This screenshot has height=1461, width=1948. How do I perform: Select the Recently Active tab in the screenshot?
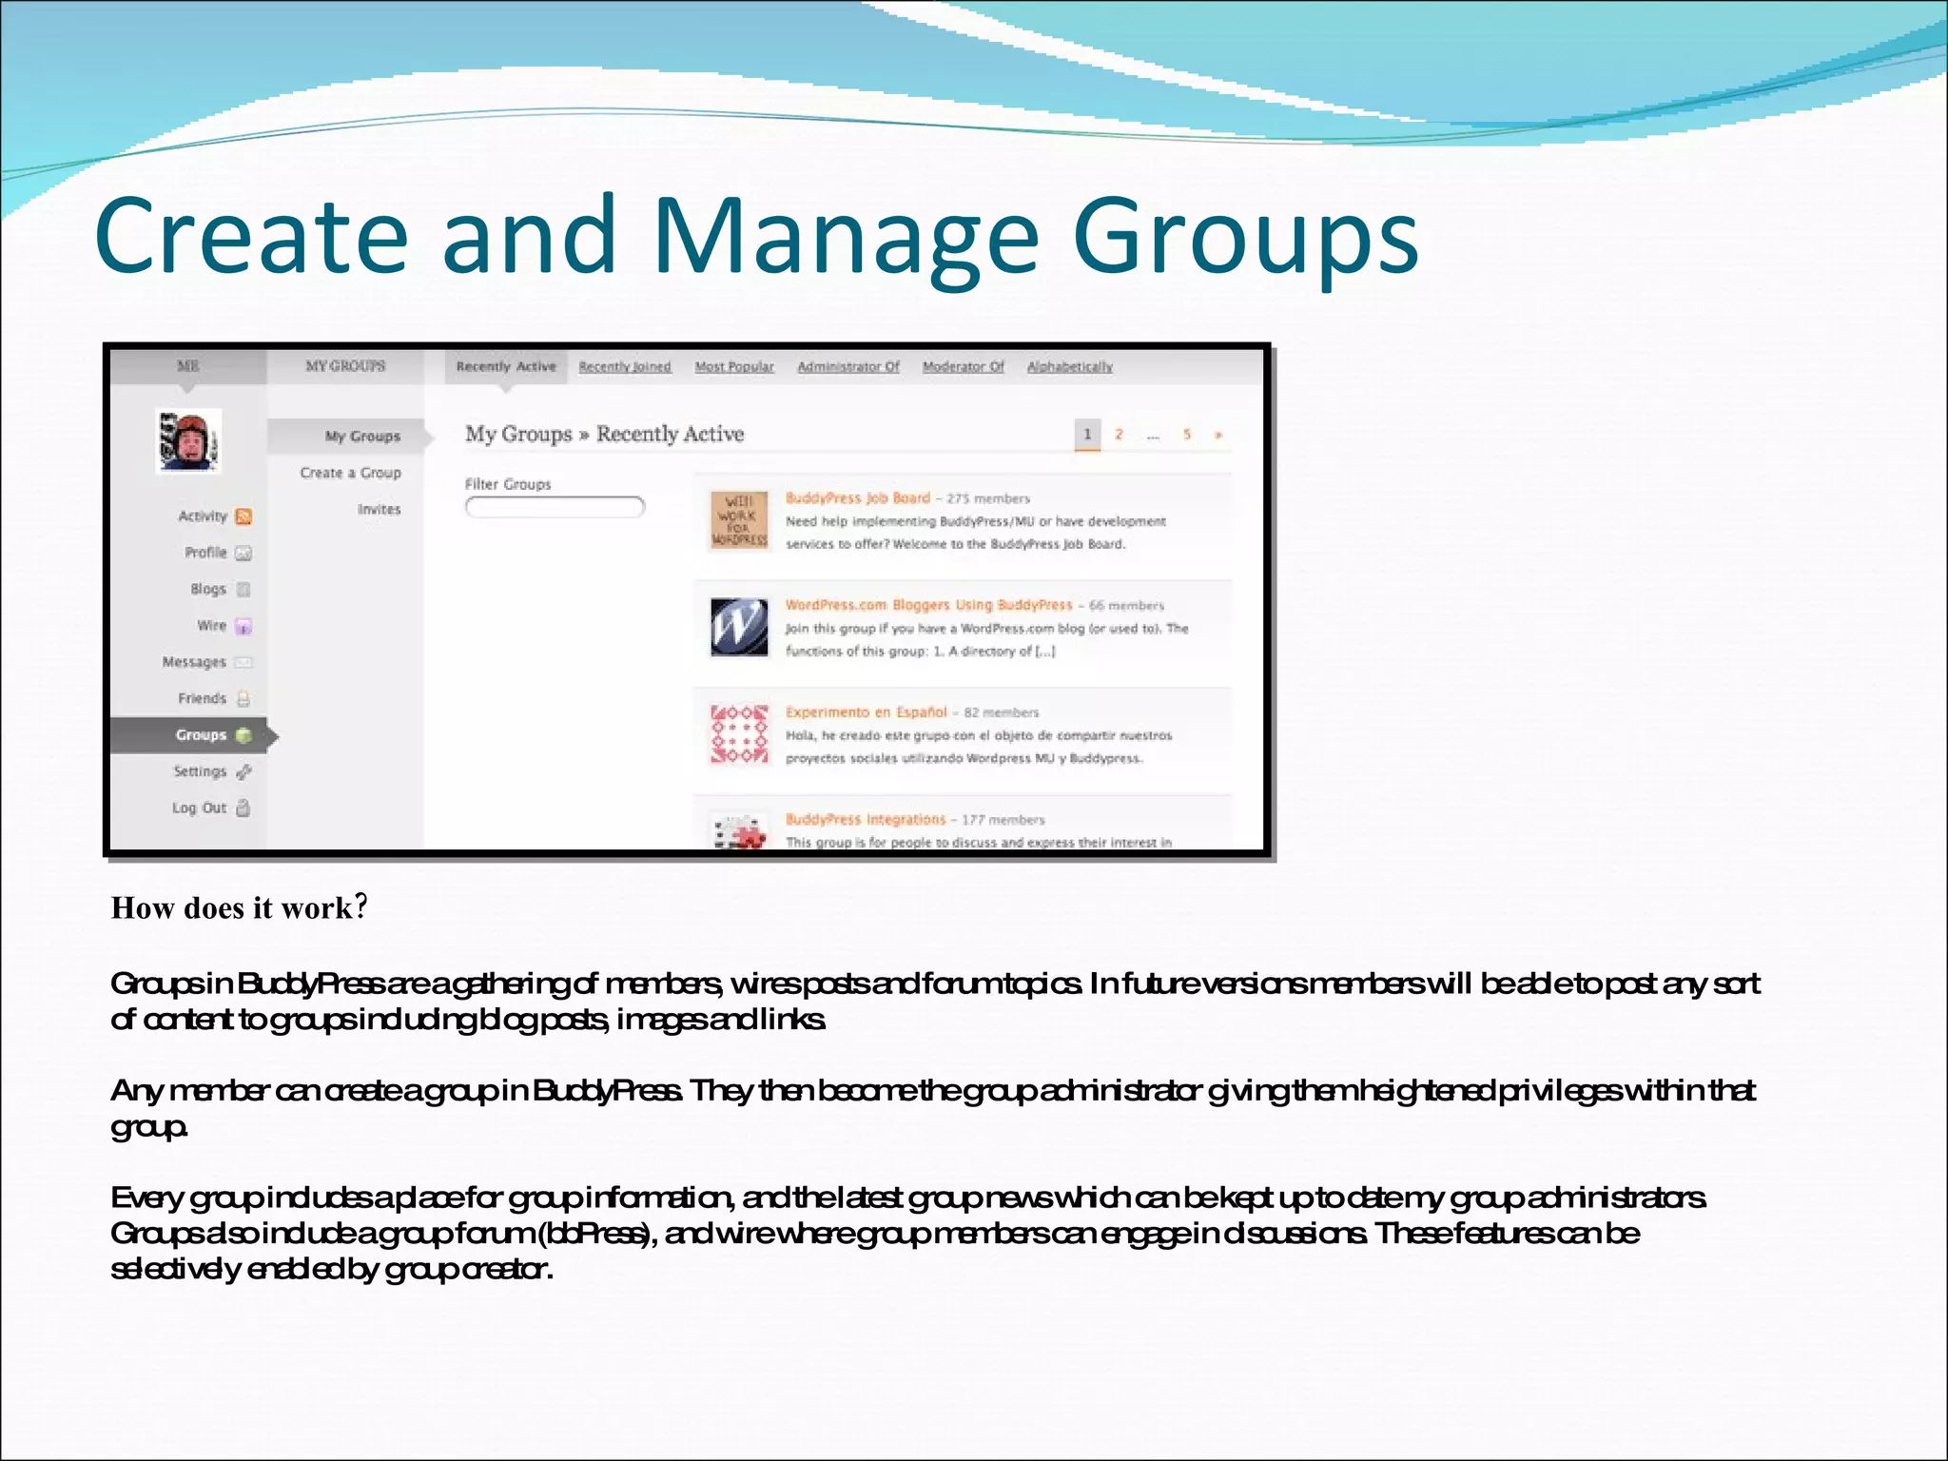tap(506, 366)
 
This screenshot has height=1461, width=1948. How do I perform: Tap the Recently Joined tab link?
tap(625, 367)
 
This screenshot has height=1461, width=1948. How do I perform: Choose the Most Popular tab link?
tap(734, 367)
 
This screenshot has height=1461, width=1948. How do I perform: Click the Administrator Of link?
tap(848, 367)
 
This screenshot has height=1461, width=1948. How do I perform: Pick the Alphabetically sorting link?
tap(1070, 367)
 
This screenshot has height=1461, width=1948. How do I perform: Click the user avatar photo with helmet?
tap(189, 441)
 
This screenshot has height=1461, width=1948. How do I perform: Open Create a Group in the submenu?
tap(350, 473)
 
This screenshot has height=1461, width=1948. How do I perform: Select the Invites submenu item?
tap(379, 509)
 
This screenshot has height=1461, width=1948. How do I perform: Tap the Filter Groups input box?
tap(555, 507)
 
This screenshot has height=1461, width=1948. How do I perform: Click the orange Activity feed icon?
tap(243, 516)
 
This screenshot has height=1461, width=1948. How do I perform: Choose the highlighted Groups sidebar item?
tap(201, 734)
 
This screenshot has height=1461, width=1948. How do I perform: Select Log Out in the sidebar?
tap(199, 808)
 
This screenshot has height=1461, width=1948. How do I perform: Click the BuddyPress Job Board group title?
tap(858, 497)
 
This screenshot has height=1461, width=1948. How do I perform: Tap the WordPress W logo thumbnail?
tap(739, 627)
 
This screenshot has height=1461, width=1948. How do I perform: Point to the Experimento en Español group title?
tap(867, 711)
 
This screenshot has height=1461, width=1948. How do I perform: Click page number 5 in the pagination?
tap(1187, 435)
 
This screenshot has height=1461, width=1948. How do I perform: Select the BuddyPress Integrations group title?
tap(866, 819)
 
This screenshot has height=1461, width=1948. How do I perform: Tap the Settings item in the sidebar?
tap(200, 771)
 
